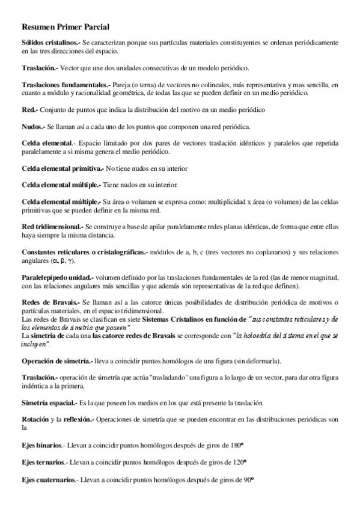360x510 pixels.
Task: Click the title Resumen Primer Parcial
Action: tap(65, 28)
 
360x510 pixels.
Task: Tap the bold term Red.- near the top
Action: tap(29, 111)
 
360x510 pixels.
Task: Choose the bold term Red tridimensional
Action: tap(53, 226)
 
